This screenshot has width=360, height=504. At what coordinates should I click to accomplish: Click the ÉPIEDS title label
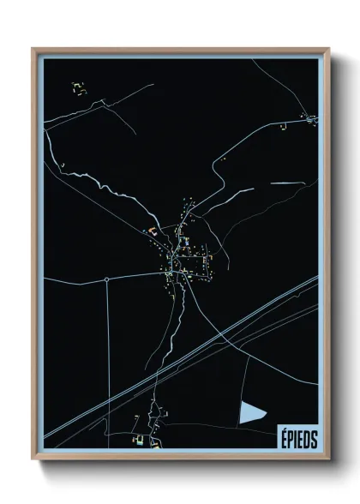(298, 438)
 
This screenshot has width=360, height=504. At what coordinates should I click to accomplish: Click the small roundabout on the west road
(106, 279)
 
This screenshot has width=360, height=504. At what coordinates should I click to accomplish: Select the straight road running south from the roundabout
(106, 360)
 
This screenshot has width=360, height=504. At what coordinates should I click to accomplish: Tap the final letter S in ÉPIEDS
(314, 438)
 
